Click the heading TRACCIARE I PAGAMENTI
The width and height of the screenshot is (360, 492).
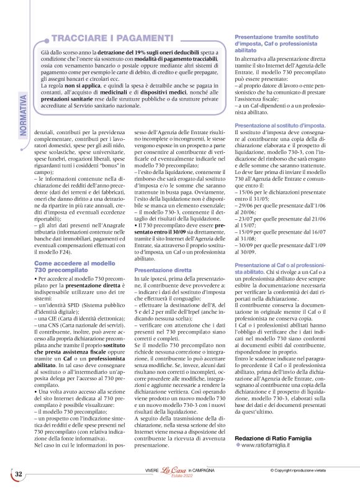coord(112,39)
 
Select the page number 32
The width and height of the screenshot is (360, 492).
coord(19,475)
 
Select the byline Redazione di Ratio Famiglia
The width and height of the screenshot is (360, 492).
coord(271,439)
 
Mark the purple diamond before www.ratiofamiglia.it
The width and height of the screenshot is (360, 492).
coord(238,445)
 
